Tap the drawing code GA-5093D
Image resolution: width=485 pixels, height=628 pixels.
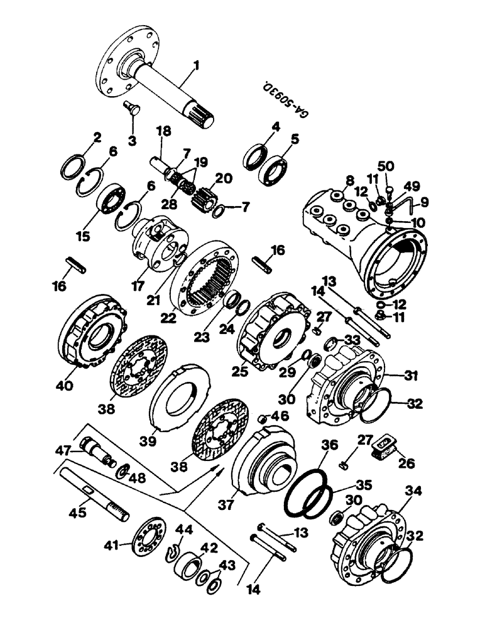286,99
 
